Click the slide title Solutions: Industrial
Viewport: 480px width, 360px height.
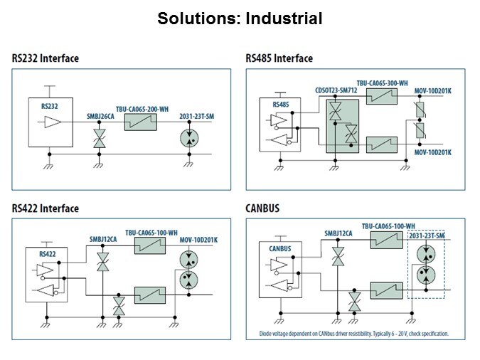point(240,18)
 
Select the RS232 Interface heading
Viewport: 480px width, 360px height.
point(46,58)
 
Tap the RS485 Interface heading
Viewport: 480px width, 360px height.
point(279,58)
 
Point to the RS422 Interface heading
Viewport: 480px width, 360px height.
point(46,208)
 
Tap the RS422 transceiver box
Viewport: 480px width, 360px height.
point(47,274)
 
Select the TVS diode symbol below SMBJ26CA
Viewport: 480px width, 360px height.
point(99,137)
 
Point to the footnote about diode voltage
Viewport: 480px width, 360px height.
point(348,334)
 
